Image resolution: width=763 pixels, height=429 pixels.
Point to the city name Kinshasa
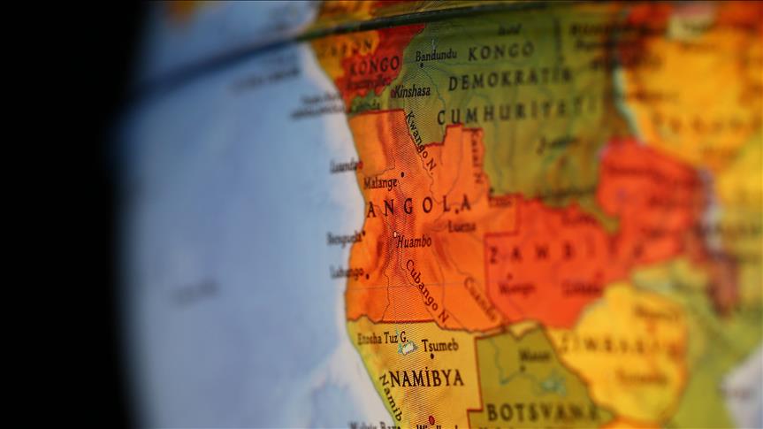point(411,91)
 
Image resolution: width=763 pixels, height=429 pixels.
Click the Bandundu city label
point(436,56)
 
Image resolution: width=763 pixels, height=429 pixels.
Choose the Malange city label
point(379,183)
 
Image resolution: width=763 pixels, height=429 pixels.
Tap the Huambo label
point(414,241)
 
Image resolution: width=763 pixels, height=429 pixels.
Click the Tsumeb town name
point(439,345)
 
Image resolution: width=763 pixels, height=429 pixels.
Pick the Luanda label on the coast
point(345,165)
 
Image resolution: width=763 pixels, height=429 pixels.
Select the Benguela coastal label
point(344,238)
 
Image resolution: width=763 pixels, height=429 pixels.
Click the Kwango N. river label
point(421,141)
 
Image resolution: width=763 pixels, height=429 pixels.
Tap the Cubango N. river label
point(427,291)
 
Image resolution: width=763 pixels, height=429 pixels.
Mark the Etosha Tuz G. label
point(382,338)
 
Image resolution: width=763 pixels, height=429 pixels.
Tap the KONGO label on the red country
point(375,66)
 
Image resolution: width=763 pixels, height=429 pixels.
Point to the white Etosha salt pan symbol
point(407,349)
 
